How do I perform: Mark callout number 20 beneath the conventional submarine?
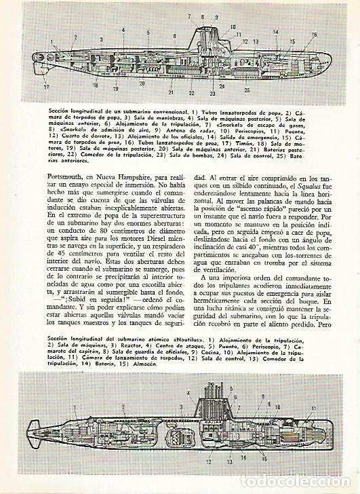[x=142, y=84]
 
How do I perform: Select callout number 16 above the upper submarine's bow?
[x=314, y=35]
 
